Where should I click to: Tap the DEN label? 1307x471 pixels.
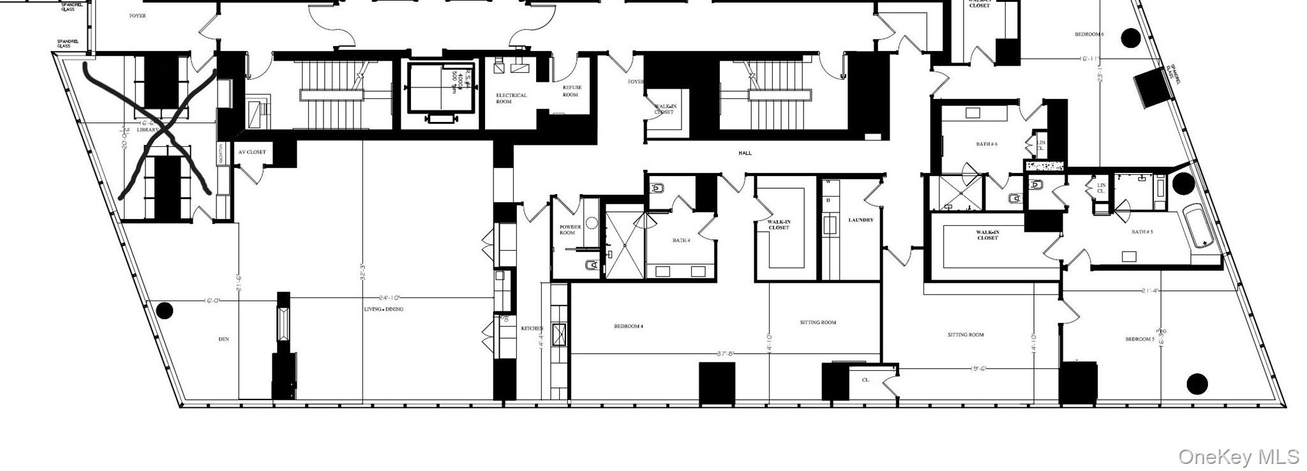click(223, 340)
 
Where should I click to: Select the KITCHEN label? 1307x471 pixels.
click(532, 328)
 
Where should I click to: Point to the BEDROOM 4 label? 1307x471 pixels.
click(628, 327)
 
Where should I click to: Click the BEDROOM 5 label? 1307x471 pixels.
click(1140, 340)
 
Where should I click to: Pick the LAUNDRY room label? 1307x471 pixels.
click(860, 220)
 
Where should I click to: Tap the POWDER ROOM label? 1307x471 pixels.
click(570, 230)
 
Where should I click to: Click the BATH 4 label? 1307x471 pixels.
click(680, 241)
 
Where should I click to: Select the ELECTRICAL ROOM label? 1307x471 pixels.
click(511, 98)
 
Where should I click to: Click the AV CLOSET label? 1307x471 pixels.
click(251, 153)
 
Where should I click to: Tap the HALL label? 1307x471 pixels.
click(745, 153)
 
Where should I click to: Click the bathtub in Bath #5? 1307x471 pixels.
click(1200, 227)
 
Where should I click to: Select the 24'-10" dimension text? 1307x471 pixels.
click(392, 298)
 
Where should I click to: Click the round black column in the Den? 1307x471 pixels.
click(165, 311)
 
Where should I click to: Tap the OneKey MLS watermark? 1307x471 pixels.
click(1238, 457)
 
